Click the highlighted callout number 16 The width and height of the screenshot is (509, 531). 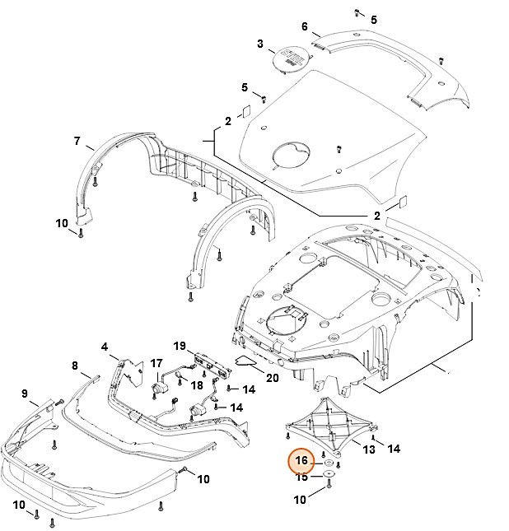[301, 461]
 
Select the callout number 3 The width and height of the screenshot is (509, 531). [260, 44]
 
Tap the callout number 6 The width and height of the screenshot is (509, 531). [305, 26]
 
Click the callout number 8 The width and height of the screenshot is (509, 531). [74, 366]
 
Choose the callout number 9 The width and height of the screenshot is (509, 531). [24, 393]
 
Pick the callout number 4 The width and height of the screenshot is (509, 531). [105, 347]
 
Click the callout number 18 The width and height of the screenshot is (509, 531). [197, 385]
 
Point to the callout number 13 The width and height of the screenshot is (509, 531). [369, 449]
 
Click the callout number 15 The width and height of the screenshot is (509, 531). [302, 477]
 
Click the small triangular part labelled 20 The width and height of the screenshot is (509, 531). [246, 360]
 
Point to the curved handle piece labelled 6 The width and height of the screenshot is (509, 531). [387, 62]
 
